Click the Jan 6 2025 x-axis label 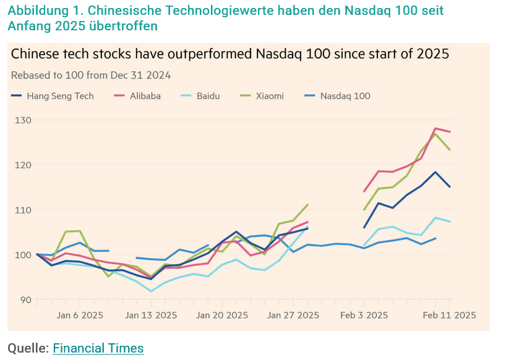point(80,315)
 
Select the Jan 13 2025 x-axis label point(152,315)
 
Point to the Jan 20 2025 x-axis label point(223,315)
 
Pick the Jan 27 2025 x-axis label point(293,315)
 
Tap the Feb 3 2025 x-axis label point(364,315)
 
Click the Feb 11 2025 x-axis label point(449,315)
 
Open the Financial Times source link point(98,348)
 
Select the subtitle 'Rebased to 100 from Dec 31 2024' point(91,75)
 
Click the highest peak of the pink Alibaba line point(435,128)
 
